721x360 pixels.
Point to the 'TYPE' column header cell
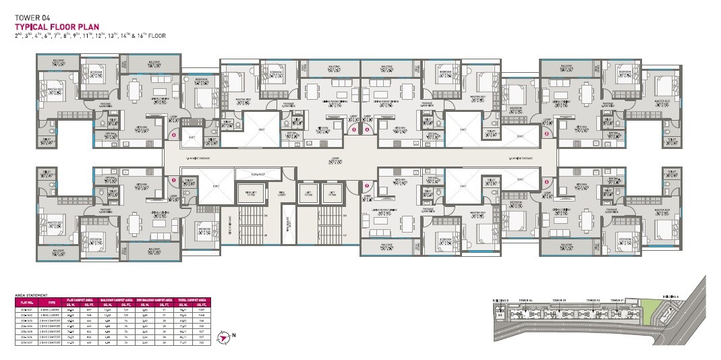pos(52,303)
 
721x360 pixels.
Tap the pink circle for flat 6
pos(545,181)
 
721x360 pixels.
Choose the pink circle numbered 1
pos(173,181)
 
